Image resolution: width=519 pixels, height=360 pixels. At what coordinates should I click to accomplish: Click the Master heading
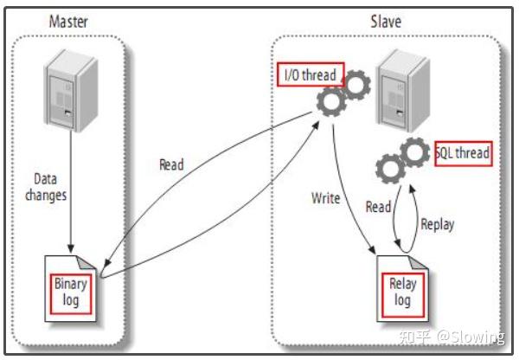68,22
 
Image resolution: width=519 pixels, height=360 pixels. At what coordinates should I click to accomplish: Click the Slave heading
386,22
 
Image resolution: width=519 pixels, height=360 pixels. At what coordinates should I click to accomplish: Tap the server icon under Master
71,90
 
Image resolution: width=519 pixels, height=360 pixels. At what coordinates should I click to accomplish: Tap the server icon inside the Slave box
403,91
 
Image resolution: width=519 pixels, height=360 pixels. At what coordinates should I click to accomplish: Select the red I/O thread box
311,74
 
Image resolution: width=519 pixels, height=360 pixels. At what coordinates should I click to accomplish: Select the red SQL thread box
463,154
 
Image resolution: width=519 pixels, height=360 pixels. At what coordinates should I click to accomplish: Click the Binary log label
71,292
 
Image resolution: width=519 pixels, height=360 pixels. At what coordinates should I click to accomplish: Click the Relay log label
402,292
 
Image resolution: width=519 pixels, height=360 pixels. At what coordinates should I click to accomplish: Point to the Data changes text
46,187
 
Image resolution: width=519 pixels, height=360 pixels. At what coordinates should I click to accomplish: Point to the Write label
326,198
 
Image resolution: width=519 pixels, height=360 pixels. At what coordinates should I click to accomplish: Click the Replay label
437,224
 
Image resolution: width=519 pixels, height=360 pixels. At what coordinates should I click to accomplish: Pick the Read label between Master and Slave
171,164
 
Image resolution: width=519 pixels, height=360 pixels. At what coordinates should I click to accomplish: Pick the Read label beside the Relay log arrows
378,207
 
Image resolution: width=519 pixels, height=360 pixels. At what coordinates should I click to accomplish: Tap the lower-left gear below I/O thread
331,101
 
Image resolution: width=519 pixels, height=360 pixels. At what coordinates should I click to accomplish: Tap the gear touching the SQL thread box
415,152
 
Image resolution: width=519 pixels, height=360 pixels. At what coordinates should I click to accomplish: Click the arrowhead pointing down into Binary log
71,248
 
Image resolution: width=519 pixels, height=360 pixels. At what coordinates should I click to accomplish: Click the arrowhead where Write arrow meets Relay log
373,250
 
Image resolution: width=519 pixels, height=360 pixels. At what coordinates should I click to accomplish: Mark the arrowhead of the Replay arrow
412,190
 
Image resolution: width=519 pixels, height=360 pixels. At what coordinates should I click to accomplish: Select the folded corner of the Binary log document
86,262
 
